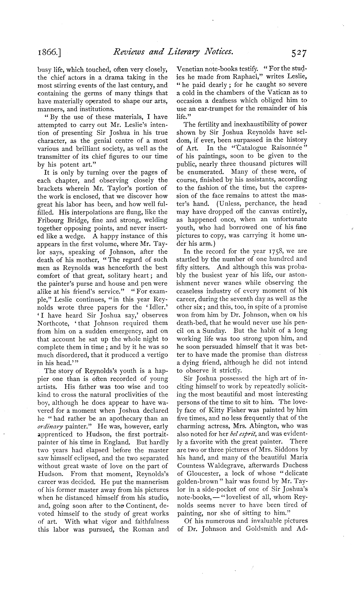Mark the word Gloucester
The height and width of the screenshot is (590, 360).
click(202, 473)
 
